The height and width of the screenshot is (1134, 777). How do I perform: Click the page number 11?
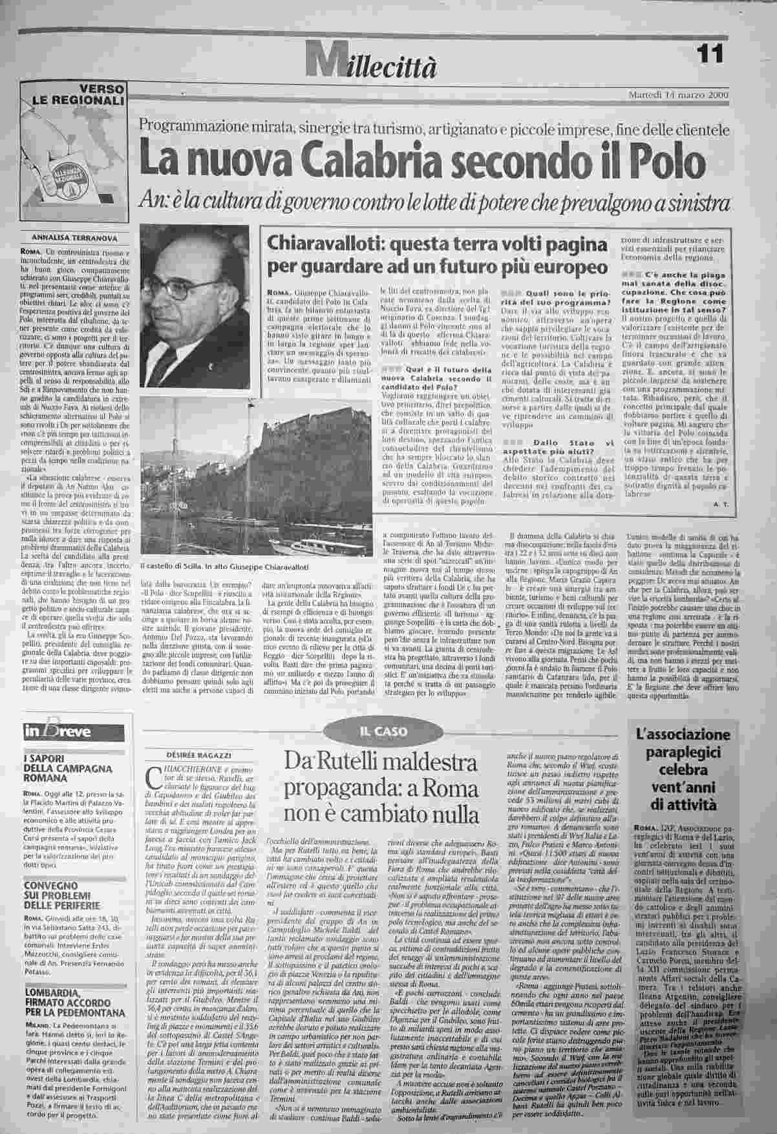click(x=711, y=53)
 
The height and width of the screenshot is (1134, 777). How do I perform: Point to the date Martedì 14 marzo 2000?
click(x=679, y=95)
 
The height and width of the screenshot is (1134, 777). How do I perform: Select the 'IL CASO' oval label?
click(x=384, y=731)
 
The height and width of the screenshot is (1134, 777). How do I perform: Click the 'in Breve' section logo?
click(x=58, y=732)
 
